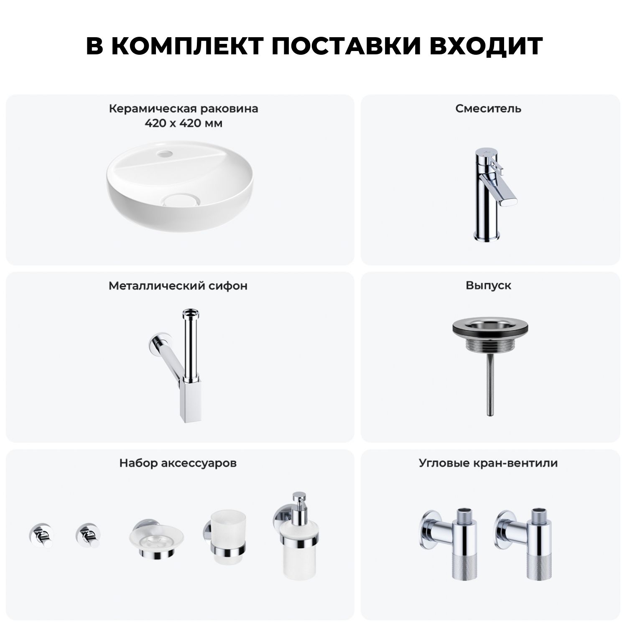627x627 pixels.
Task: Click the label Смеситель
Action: pos(488,109)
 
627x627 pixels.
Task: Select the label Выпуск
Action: pos(488,285)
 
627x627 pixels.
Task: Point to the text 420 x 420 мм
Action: pos(184,124)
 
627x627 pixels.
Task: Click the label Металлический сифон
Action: pos(178,286)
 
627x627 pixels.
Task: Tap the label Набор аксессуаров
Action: pos(178,463)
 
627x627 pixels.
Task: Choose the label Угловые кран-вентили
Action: pos(488,463)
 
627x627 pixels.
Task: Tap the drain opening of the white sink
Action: pos(181,200)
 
